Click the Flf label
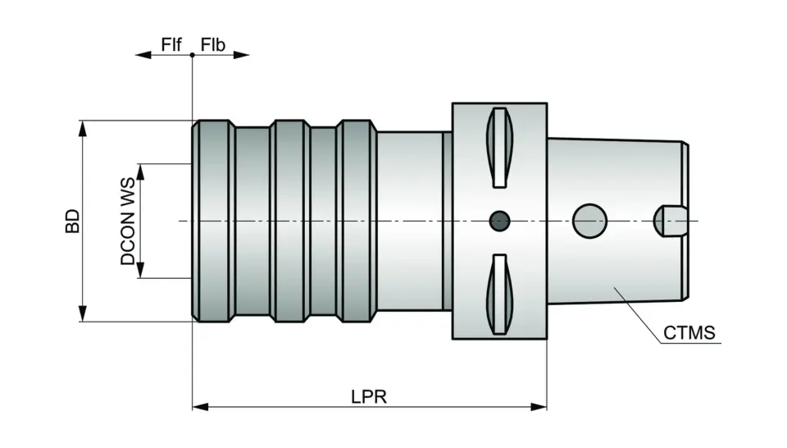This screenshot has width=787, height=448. click(171, 44)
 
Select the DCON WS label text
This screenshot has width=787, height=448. click(128, 229)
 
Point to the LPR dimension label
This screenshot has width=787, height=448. click(369, 396)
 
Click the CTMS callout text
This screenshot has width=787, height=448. click(689, 333)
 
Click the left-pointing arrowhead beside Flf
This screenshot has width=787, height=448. click(143, 55)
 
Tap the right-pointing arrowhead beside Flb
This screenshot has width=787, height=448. click(241, 55)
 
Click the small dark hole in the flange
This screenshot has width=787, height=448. click(498, 221)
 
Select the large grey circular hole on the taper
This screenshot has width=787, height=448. click(589, 220)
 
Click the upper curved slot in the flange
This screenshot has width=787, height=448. click(499, 147)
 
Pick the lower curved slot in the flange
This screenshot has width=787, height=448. click(499, 295)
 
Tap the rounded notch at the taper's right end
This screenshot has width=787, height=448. click(667, 221)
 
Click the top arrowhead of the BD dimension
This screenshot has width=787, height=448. click(82, 127)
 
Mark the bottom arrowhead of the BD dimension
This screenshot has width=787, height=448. click(82, 314)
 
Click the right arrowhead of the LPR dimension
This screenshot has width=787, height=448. click(539, 405)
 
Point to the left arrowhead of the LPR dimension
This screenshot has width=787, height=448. click(199, 405)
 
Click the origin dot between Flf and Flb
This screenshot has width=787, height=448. click(192, 55)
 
